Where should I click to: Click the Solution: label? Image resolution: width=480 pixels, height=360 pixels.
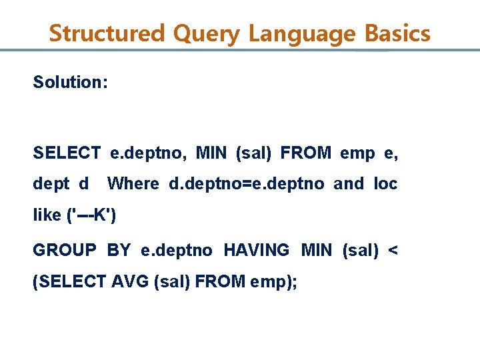[71, 83]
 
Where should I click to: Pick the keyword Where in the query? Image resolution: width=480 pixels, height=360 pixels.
[133, 183]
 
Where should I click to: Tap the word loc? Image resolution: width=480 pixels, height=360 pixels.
[386, 183]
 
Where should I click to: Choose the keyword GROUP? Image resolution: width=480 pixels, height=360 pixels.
[65, 250]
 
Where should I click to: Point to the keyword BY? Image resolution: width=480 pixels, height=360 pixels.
[119, 250]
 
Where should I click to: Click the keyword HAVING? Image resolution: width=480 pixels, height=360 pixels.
[257, 250]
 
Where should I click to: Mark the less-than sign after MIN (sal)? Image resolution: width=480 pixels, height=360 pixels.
[393, 250]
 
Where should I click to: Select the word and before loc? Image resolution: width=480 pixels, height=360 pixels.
[349, 183]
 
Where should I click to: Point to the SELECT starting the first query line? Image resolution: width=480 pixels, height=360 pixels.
[67, 153]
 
